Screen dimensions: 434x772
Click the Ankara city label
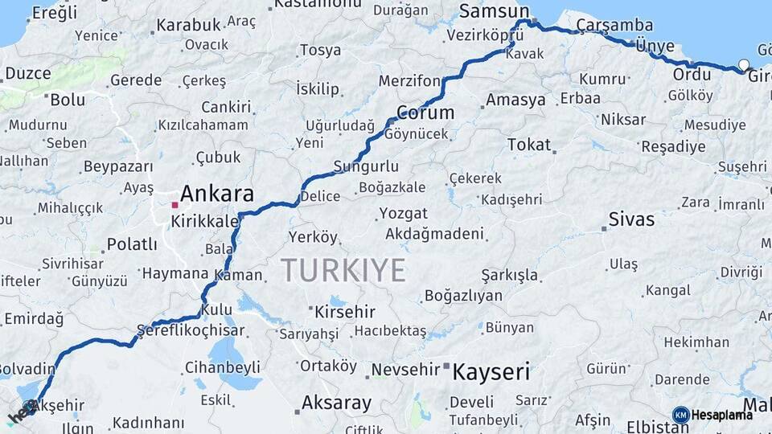pos(216,194)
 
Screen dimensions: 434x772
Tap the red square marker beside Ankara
pos(175,205)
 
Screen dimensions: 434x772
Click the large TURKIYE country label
pos(343,271)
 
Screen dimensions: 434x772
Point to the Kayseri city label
pos(491,372)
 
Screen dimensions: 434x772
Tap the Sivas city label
pos(631,219)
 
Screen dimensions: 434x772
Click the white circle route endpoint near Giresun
pos(743,64)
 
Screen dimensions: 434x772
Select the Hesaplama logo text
pos(722,415)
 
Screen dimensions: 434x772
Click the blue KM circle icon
pos(680,415)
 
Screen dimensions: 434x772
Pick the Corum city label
pos(425,113)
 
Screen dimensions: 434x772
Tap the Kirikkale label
pos(204,221)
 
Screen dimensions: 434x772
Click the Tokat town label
pos(529,145)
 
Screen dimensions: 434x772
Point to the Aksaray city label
pos(336,403)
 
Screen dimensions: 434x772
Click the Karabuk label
pos(187,25)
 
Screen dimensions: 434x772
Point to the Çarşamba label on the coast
pos(604,25)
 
